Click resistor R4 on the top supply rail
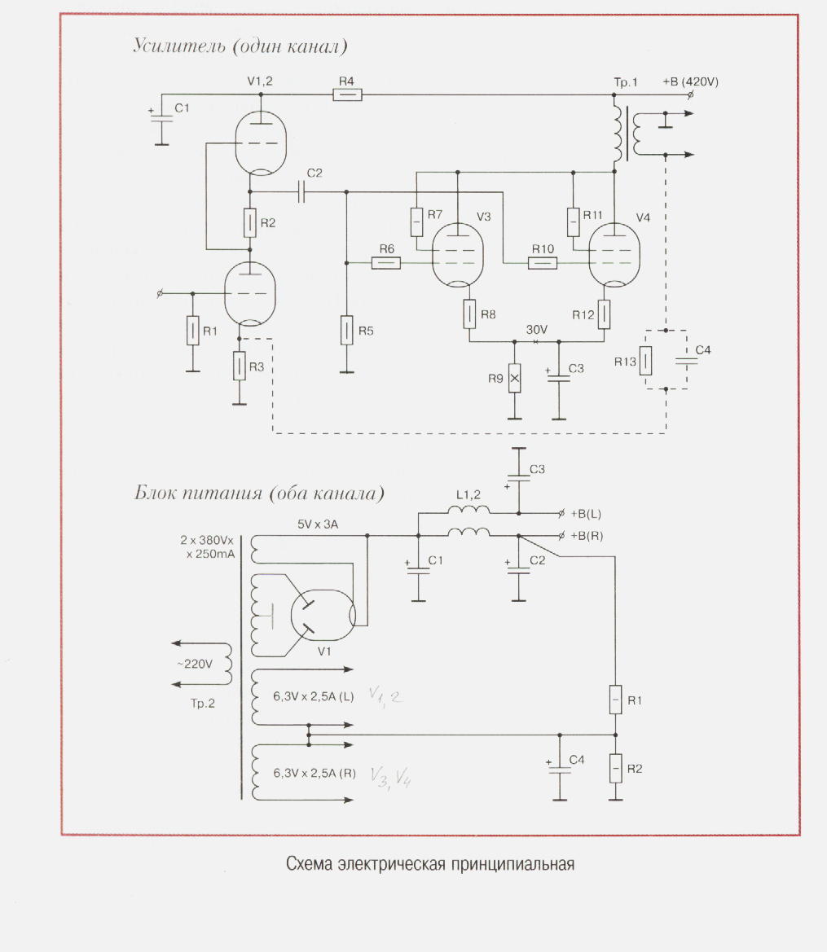tap(347, 95)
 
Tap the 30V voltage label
tap(536, 330)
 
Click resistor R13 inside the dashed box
tap(646, 360)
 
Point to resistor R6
tap(386, 262)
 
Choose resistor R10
tap(543, 262)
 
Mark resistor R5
tap(347, 330)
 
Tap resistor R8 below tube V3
tap(470, 314)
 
